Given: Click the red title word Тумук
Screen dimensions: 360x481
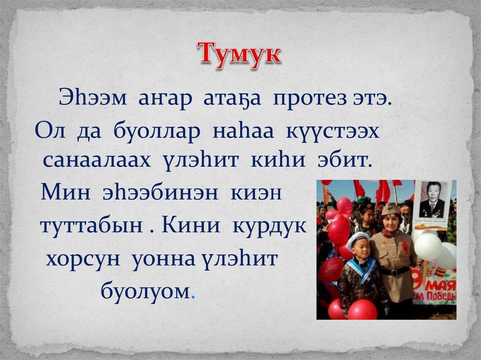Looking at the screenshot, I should pos(239,55).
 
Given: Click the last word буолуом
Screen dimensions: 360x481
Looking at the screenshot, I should pos(146,291).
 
